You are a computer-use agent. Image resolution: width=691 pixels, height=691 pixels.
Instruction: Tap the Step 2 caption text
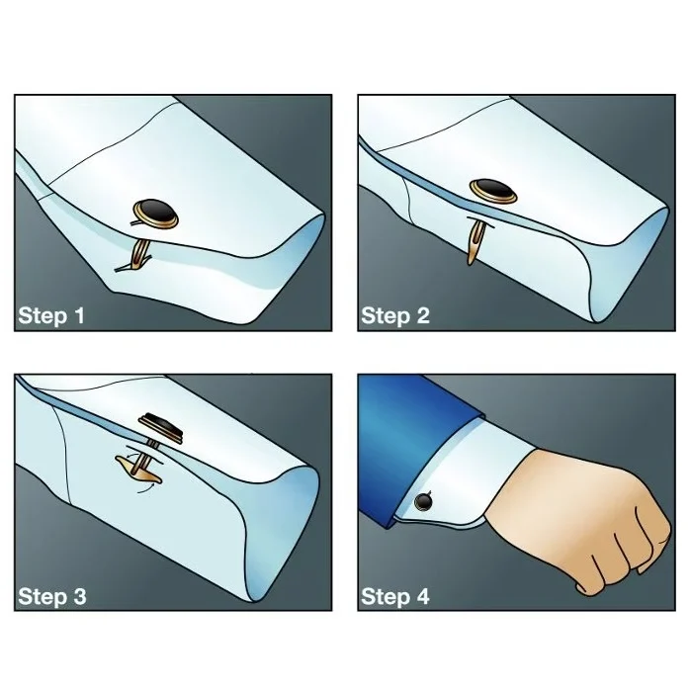pos(395,316)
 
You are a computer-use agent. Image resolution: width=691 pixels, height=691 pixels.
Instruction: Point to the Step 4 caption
pos(395,597)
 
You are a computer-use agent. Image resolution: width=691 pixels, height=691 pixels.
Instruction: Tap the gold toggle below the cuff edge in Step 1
pos(132,259)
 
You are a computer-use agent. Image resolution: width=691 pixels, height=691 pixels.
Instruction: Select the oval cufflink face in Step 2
pos(491,189)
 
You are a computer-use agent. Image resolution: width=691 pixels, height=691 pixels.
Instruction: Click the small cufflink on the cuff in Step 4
pos(426,501)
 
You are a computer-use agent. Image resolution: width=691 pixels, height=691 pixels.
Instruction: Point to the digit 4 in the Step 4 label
pos(423,597)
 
